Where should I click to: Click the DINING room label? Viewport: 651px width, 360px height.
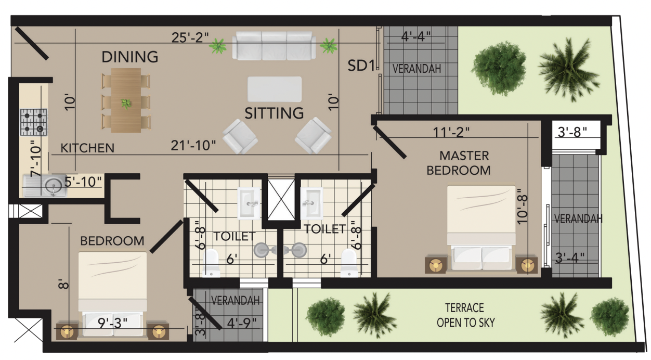click(x=130, y=57)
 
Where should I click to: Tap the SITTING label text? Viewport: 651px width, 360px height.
click(x=274, y=113)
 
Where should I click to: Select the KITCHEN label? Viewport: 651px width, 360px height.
click(x=87, y=148)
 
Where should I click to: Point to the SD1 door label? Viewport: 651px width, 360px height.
click(x=361, y=66)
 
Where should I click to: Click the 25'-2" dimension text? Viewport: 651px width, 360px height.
click(x=190, y=37)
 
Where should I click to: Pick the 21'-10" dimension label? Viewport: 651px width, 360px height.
click(x=193, y=146)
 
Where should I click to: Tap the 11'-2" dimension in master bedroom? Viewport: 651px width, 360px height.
click(x=451, y=132)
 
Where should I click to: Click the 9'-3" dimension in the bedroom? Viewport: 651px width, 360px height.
click(x=112, y=323)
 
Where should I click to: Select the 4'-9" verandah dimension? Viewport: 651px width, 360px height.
click(x=242, y=323)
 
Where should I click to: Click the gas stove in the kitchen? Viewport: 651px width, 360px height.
click(x=34, y=122)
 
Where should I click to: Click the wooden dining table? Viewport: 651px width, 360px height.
click(x=126, y=100)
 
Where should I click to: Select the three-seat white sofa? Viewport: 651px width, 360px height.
click(x=274, y=46)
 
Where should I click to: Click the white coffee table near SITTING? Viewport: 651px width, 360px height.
click(x=275, y=89)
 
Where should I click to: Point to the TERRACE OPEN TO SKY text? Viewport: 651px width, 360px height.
click(x=465, y=315)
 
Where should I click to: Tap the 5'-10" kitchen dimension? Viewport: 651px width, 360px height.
click(x=83, y=182)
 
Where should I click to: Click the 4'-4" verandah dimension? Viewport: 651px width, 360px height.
click(x=415, y=36)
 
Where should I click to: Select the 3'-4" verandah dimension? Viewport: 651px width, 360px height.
click(x=570, y=258)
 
